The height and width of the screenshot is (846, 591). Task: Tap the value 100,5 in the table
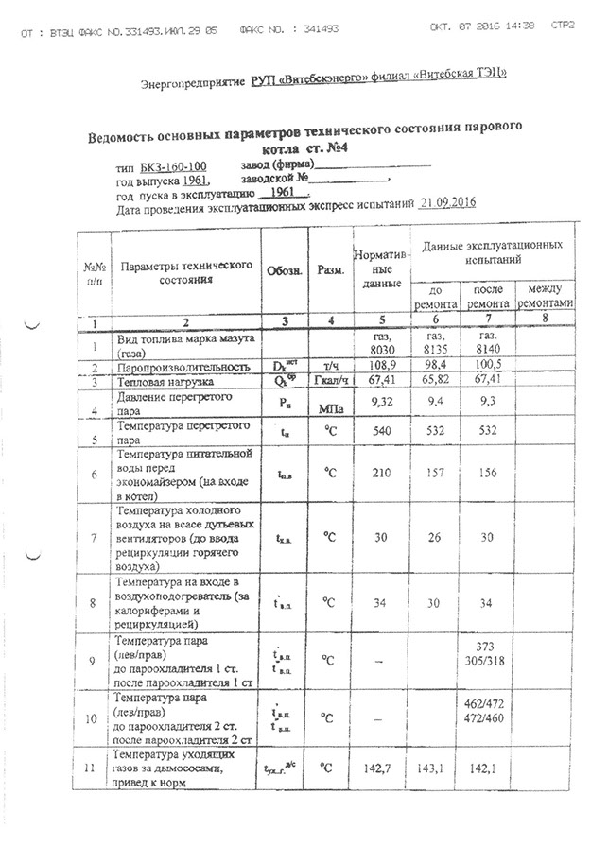tap(485, 365)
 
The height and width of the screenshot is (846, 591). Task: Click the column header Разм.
tap(329, 271)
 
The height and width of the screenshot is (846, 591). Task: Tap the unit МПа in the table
tap(330, 410)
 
